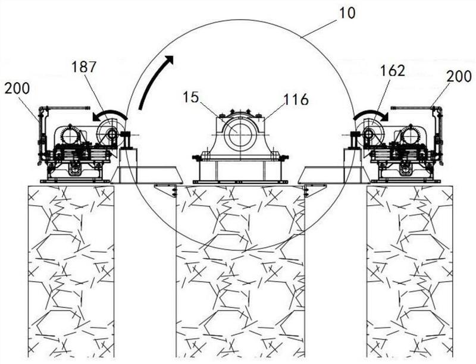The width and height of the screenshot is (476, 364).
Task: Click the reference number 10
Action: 346,12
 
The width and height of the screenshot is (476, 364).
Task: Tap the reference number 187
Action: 84,67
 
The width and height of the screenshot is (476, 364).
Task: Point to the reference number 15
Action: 190,97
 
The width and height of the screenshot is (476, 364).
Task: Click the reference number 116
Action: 296,99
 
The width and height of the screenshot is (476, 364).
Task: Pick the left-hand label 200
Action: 17,88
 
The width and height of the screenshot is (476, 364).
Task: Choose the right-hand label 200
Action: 459,76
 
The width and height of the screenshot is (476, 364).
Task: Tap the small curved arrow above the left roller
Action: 109,115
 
